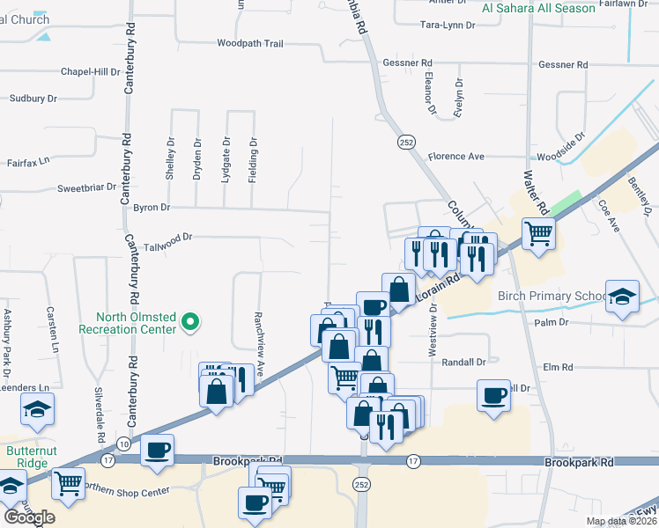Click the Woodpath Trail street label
click(x=249, y=42)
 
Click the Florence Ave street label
click(x=456, y=157)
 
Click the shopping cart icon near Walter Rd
click(x=539, y=233)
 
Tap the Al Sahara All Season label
click(x=539, y=8)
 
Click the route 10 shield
click(x=123, y=444)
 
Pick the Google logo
click(x=29, y=517)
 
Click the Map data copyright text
click(x=620, y=521)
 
